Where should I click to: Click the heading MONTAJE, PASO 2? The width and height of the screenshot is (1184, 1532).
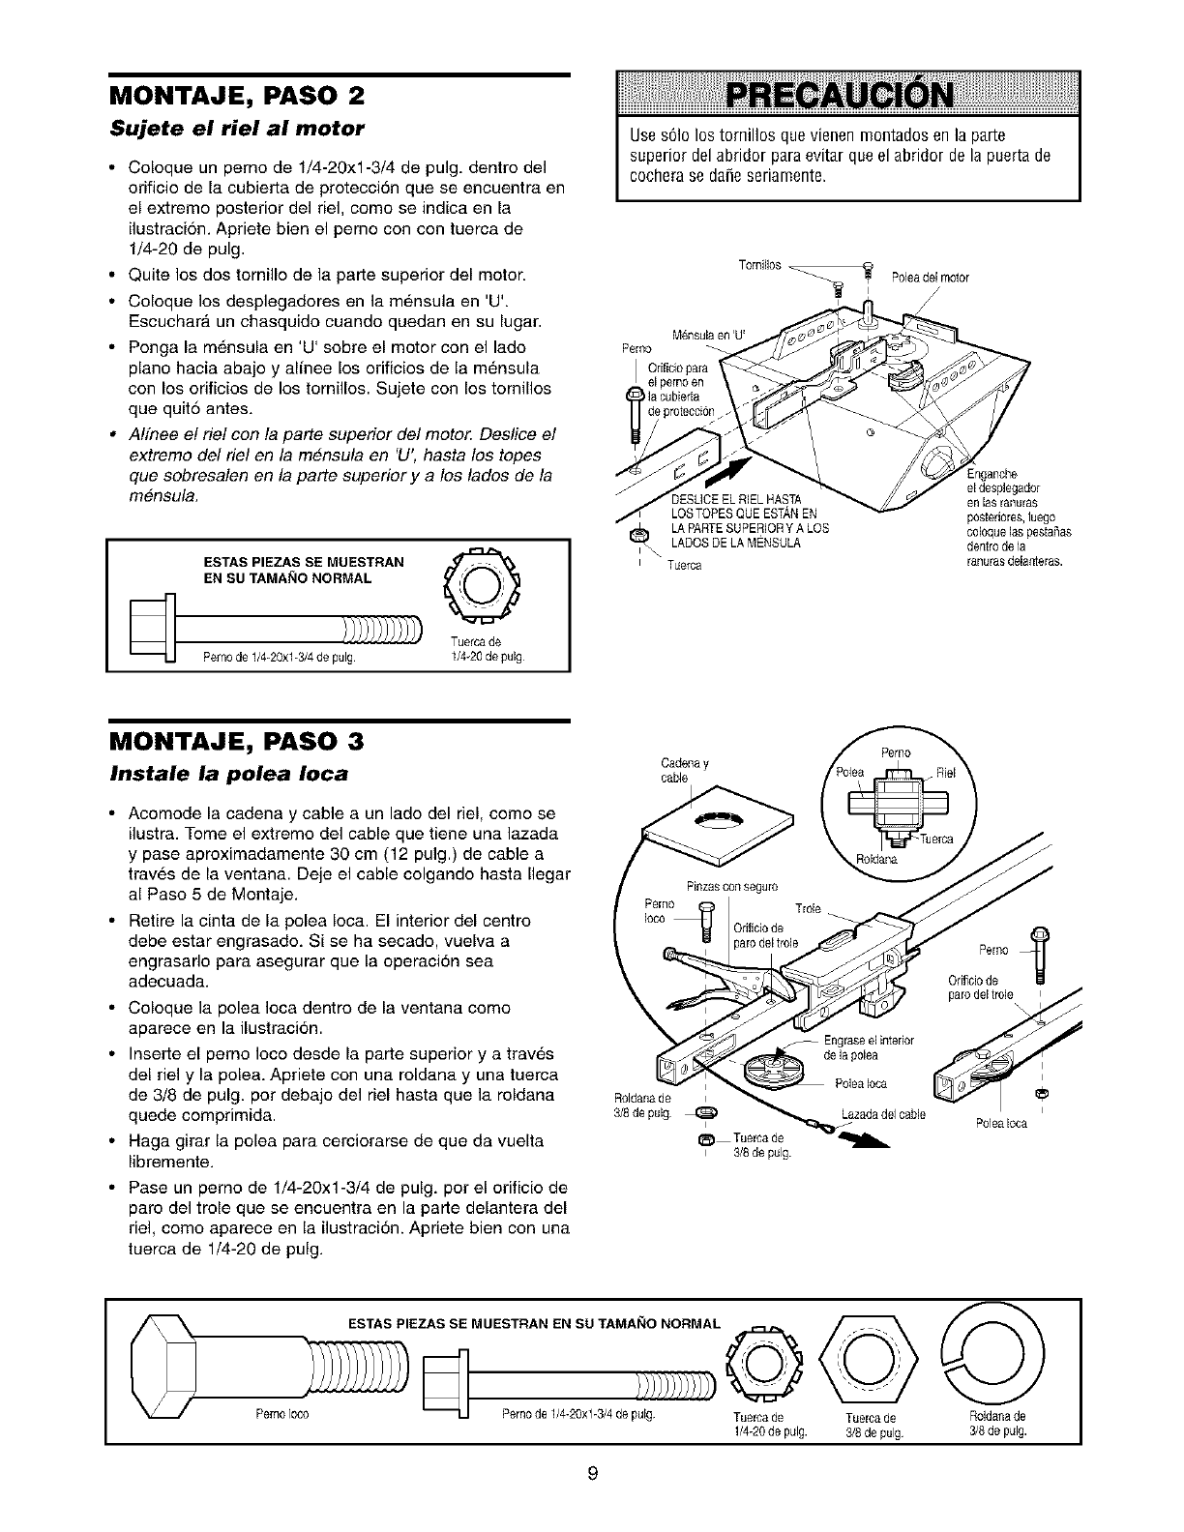pos(238,97)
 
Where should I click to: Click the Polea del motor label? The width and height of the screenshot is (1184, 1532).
pos(930,279)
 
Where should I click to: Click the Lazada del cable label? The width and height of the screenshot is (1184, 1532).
pos(883,1115)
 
